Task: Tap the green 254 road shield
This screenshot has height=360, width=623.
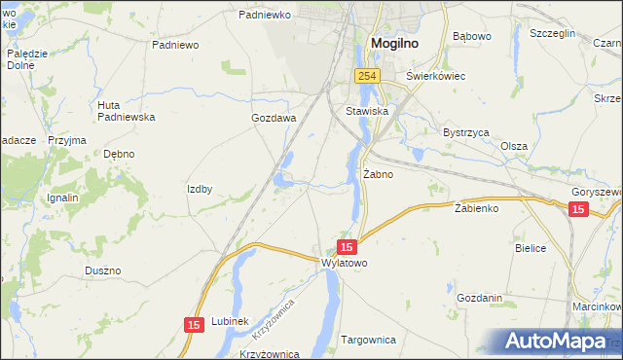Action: point(366,76)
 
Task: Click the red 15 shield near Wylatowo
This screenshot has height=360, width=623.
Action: point(347,248)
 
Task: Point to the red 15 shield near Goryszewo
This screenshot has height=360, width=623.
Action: point(578,209)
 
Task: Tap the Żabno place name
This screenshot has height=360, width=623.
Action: point(378,175)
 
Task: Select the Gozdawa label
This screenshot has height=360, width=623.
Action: point(273,118)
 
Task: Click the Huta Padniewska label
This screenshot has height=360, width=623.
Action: point(127,111)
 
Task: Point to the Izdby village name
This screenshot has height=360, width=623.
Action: point(200,189)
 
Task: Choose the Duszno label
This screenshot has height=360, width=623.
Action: point(102,270)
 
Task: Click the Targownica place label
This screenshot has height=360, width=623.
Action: point(369,340)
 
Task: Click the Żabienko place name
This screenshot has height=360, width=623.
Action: point(476,208)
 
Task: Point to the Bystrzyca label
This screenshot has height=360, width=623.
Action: point(464,130)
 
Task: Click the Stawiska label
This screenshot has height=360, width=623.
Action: point(367,112)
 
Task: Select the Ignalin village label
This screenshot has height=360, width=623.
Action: point(62,198)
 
